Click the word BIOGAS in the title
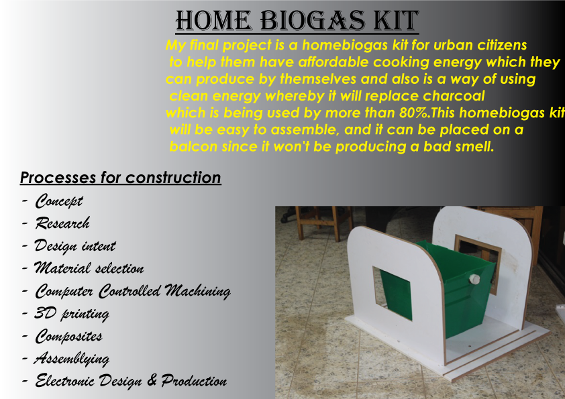pos(313,20)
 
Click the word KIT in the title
pos(396,20)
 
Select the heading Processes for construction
pos(120,178)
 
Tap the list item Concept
pos(59,201)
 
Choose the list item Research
pos(62,223)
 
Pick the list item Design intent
pos(75,246)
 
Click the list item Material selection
pos(89,268)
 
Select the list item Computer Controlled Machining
pos(133,291)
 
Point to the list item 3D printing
pos(72,314)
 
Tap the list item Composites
pos(68,337)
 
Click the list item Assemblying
pos(72,359)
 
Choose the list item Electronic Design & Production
pos(131,381)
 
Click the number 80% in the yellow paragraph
pos(414,113)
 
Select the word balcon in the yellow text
pos(193,147)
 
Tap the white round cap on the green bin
pos(474,279)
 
